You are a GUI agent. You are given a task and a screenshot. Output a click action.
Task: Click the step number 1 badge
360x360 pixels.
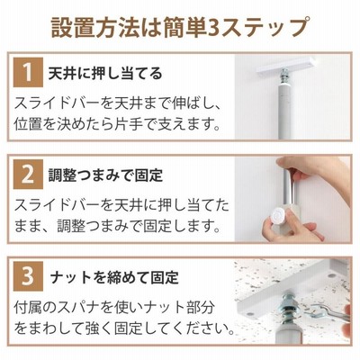28,73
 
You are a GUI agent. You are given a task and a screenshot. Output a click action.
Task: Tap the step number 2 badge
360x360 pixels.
28,175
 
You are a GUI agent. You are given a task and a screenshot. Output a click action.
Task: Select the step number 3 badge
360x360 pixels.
28,276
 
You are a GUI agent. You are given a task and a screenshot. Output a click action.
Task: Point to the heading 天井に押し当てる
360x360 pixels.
105,74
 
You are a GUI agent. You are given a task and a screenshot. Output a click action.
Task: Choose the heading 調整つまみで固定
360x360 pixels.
105,175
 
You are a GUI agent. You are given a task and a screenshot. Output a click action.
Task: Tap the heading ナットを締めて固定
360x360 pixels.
114,277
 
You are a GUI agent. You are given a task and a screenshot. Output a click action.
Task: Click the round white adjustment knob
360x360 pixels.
277,215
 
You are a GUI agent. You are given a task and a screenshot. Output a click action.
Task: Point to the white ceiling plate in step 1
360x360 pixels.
287,67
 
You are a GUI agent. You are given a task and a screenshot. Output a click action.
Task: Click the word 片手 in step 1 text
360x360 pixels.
128,124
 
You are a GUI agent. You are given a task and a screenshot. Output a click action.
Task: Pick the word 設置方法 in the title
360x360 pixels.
88,28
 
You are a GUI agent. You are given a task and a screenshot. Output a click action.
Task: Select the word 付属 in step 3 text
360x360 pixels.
27,307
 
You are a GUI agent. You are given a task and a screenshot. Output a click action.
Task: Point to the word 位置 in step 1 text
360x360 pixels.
27,124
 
